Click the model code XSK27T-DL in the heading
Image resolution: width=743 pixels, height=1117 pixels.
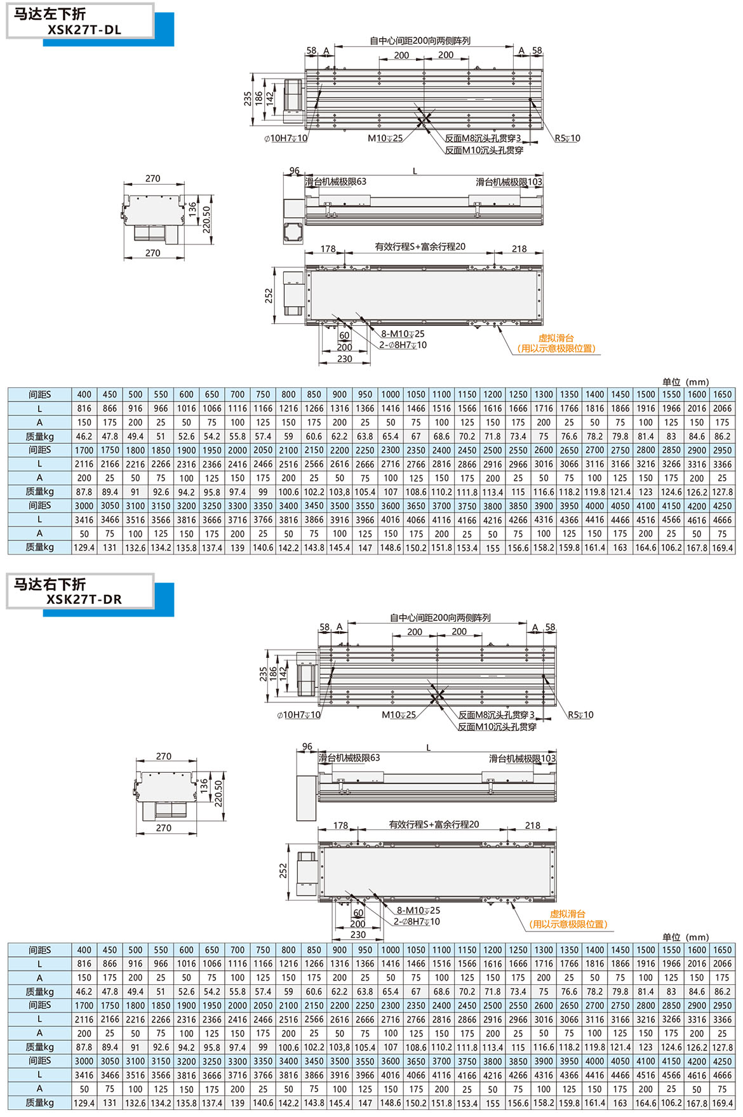(x=84, y=29)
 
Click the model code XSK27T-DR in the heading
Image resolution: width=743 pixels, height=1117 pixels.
(x=84, y=599)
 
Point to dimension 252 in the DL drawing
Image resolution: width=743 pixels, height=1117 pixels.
(x=269, y=295)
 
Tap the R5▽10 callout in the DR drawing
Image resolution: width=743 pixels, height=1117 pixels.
(x=580, y=714)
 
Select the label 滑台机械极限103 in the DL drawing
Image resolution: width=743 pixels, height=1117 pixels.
(x=509, y=182)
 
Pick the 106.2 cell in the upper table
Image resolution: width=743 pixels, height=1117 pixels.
(x=671, y=547)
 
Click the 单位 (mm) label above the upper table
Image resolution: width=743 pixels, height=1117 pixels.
(x=685, y=382)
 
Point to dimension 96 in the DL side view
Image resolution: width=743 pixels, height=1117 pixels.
(x=294, y=171)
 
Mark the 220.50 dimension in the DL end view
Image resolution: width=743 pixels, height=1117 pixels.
(x=207, y=220)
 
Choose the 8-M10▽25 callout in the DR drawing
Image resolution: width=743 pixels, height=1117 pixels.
(x=418, y=910)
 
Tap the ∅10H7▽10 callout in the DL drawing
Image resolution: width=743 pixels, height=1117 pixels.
(x=286, y=138)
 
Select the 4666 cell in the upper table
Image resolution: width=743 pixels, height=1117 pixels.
(x=722, y=519)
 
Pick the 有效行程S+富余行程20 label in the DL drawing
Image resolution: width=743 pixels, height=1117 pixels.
(x=420, y=246)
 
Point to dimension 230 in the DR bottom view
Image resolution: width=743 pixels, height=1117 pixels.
(x=358, y=934)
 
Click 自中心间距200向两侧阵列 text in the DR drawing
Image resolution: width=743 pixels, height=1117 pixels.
(x=440, y=617)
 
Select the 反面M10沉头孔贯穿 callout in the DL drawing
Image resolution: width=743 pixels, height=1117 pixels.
(x=484, y=150)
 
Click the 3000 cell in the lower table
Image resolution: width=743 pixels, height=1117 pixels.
(x=84, y=1061)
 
